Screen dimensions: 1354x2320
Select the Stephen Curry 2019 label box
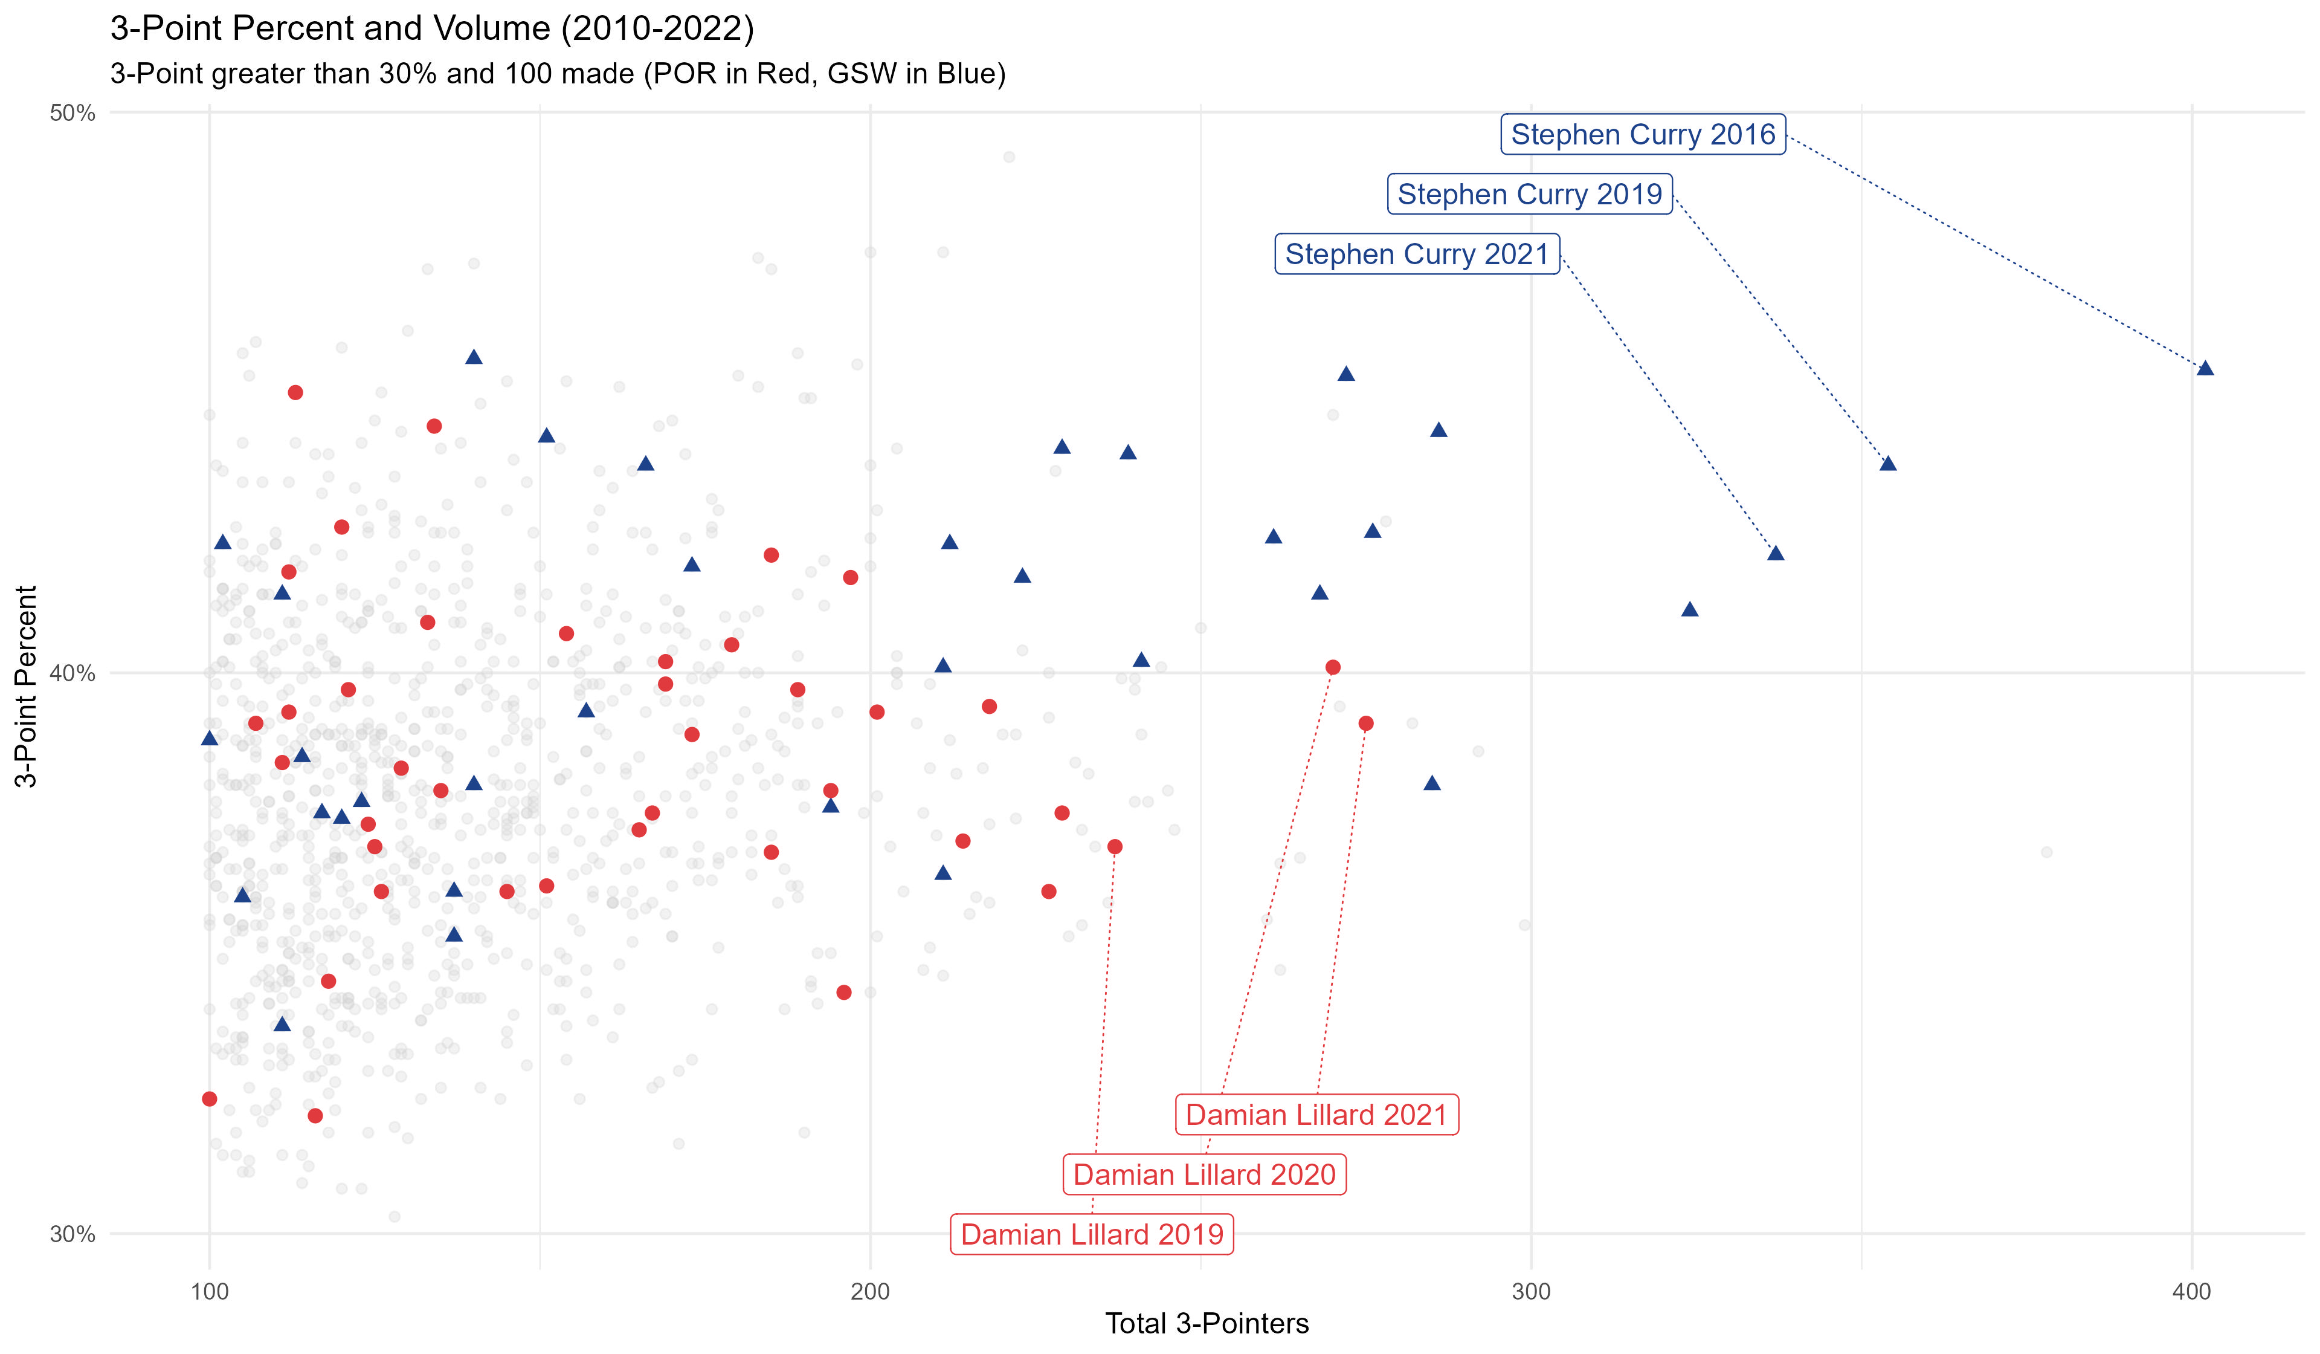tap(1529, 195)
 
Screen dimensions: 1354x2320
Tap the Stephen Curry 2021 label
tap(1417, 254)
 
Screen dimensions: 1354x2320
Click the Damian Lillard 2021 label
tap(1316, 1115)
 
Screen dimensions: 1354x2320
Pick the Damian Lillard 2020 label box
tap(1204, 1174)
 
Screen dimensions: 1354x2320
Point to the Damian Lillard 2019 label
tap(1092, 1234)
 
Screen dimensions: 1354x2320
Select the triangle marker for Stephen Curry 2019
tap(1888, 463)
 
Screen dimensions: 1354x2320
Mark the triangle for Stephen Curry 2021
tap(1776, 552)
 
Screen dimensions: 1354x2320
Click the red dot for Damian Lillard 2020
tap(1332, 667)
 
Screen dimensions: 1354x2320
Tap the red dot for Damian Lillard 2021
tap(1366, 723)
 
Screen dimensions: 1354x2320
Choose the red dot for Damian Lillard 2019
tap(1115, 846)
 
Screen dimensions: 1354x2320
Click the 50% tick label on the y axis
tap(72, 113)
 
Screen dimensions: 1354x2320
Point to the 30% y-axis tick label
tap(72, 1234)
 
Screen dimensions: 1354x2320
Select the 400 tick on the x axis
tap(2191, 1291)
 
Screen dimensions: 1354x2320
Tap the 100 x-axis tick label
tap(209, 1291)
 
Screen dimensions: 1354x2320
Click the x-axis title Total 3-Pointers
tap(1206, 1324)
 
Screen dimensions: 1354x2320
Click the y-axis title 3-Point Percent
tap(26, 686)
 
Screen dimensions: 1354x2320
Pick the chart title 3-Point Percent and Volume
tap(432, 28)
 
